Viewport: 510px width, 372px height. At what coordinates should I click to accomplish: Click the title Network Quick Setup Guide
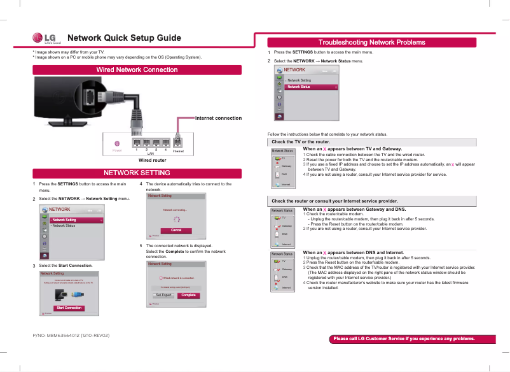tap(124, 38)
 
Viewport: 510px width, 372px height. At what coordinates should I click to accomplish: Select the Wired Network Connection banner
tap(137, 69)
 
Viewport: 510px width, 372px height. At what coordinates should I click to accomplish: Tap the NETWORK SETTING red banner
tap(137, 173)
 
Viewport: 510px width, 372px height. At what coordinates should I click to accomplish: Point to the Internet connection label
tap(218, 118)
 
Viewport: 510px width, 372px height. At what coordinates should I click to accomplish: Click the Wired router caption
tap(152, 161)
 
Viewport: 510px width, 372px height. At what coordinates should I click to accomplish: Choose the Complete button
tap(188, 295)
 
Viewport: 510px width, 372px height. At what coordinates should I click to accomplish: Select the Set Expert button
tap(163, 295)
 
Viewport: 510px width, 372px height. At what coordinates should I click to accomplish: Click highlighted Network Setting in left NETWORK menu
tap(76, 220)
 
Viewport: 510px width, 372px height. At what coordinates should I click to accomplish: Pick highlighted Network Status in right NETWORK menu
tap(311, 87)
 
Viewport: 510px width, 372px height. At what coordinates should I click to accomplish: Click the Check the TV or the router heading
tap(301, 141)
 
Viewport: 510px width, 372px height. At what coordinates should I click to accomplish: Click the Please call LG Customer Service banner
tap(404, 339)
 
